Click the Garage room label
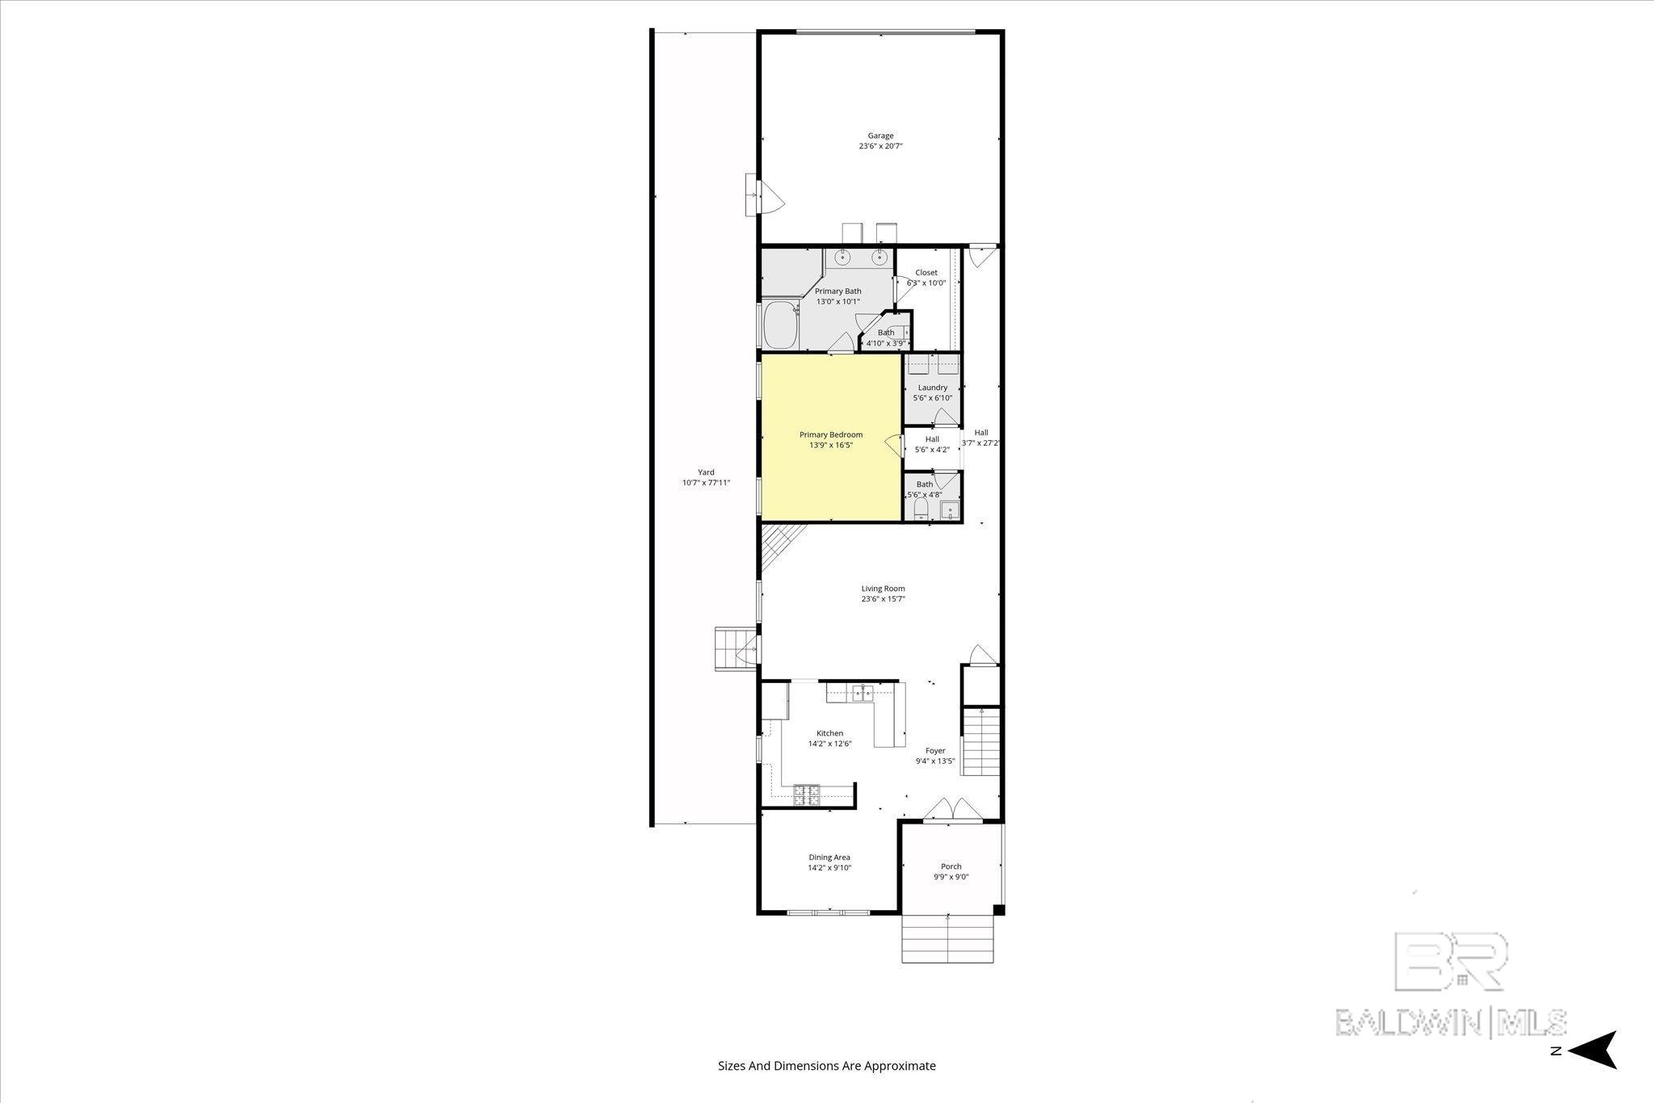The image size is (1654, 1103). pos(880,136)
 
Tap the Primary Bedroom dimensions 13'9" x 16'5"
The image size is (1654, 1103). pos(831,445)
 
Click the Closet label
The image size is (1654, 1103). pos(926,273)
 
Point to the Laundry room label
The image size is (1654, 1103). pos(933,388)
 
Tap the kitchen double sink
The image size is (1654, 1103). pos(859,693)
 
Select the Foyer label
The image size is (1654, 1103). pos(935,751)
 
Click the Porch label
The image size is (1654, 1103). pos(951,866)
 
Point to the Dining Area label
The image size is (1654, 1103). pos(829,858)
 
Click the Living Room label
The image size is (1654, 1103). pos(883,589)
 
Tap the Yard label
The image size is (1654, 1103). pos(706,472)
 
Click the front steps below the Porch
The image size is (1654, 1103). pos(947,939)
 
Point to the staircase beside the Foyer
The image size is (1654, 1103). pos(980,740)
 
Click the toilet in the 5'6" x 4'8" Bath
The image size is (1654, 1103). pos(920,509)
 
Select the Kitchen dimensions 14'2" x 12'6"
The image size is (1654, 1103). pos(829,744)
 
